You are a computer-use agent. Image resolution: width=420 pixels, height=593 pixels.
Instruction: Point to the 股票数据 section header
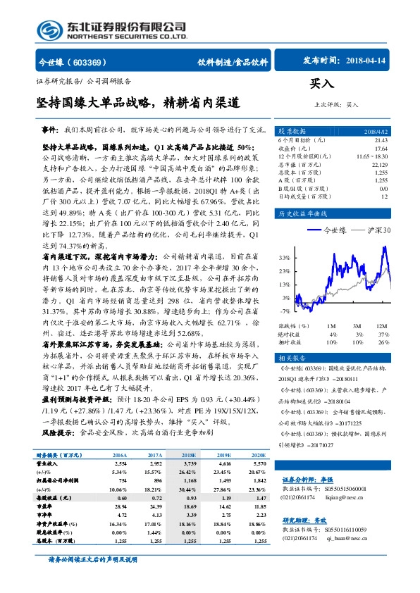(292, 132)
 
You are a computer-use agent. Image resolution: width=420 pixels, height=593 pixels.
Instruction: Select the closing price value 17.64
(380, 149)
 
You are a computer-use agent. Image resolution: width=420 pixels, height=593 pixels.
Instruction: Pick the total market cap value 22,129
(378, 164)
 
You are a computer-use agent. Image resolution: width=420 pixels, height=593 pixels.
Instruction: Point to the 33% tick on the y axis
(284, 256)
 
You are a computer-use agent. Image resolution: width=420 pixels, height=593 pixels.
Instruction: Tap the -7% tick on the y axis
(284, 311)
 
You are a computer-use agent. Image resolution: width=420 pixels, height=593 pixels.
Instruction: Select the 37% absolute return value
(383, 334)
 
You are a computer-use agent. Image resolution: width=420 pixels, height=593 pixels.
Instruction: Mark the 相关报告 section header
(292, 358)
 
